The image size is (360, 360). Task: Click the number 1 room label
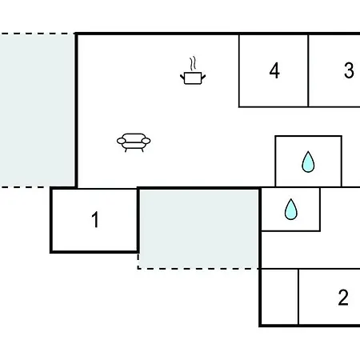click(x=95, y=220)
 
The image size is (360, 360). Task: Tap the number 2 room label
click(x=343, y=298)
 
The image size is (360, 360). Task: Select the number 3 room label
click(x=349, y=70)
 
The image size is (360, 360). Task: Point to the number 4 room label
click(x=274, y=70)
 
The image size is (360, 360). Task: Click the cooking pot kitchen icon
click(x=193, y=70)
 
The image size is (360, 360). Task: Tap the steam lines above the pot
click(x=193, y=63)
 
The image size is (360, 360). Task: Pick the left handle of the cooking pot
click(x=182, y=77)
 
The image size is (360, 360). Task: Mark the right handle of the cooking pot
click(x=203, y=77)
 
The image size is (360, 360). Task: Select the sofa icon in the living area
click(x=134, y=142)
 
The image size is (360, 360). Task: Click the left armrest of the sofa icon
click(x=122, y=141)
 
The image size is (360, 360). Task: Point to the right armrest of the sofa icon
click(x=146, y=141)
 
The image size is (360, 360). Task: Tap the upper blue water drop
click(x=308, y=162)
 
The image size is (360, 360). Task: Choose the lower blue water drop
click(x=290, y=210)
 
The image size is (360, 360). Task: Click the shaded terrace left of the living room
click(x=37, y=110)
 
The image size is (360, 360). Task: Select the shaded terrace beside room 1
click(x=198, y=229)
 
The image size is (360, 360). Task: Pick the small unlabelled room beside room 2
click(x=279, y=297)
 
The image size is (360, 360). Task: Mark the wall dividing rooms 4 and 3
click(x=308, y=70)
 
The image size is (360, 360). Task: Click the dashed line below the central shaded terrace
click(x=198, y=269)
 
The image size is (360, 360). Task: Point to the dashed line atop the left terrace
click(x=38, y=34)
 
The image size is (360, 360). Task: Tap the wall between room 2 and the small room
click(x=298, y=297)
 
